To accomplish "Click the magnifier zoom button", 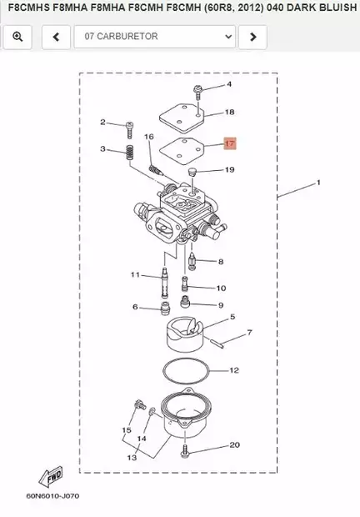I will pos(17,37).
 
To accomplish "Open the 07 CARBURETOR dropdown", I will pos(154,37).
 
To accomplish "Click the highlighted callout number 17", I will pos(230,143).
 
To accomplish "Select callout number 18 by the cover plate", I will pos(230,112).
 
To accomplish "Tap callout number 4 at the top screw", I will pos(229,85).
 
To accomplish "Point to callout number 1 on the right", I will pos(317,181).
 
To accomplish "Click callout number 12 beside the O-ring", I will pos(234,369).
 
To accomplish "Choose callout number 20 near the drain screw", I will pos(234,445).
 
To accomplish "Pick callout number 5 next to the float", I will pos(232,317).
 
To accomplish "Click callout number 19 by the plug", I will pos(230,170).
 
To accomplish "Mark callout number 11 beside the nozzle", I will pos(134,274).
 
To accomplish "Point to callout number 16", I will pos(149,137).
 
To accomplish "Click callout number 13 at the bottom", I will pos(132,458).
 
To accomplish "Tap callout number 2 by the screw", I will pos(103,123).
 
